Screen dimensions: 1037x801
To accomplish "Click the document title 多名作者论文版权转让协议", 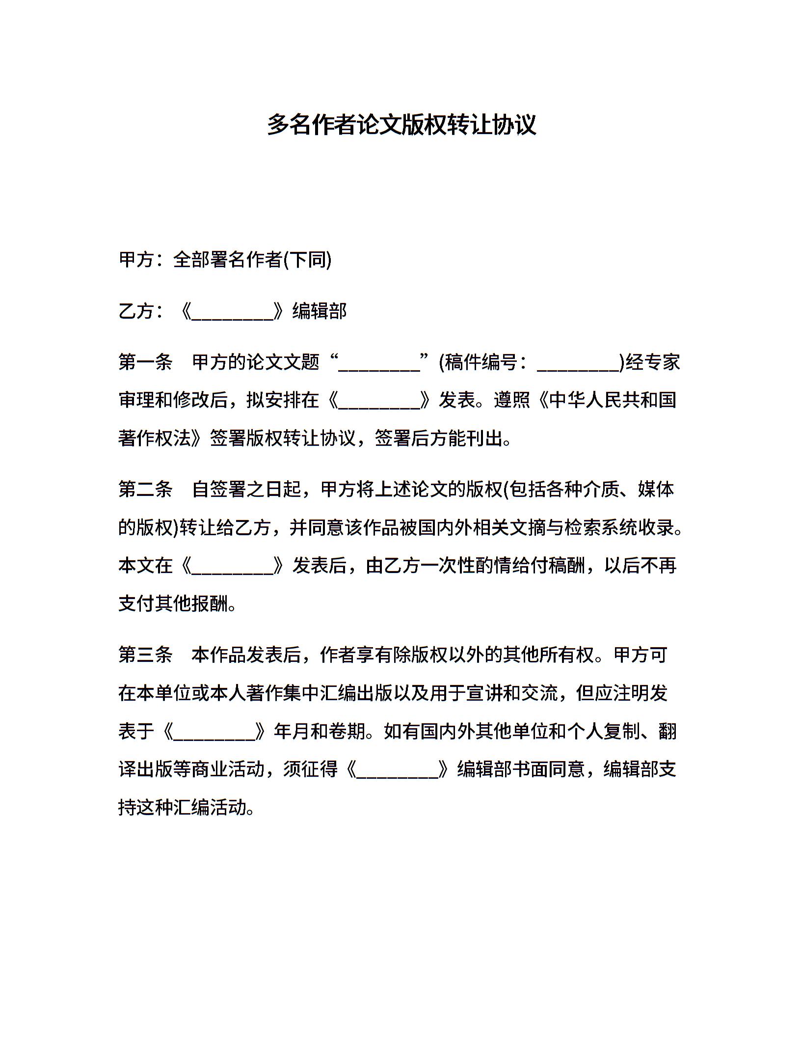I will coord(401,124).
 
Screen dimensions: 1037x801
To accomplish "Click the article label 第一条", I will coord(145,362).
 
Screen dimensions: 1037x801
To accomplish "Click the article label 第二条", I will coord(145,489).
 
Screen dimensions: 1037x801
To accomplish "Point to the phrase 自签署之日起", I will coord(246,489).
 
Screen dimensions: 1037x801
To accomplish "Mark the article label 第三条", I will coord(145,655).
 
